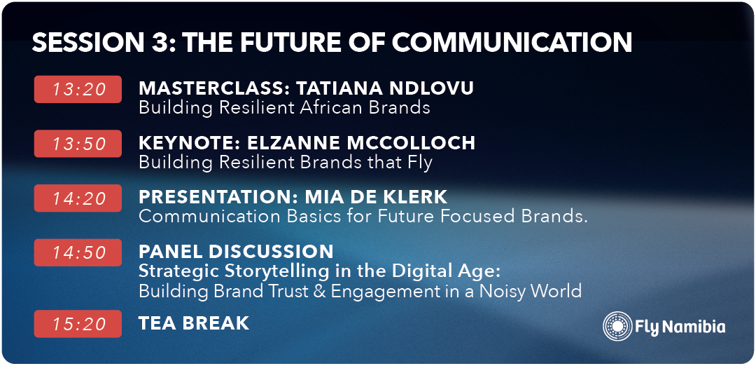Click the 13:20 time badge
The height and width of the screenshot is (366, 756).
[x=78, y=89]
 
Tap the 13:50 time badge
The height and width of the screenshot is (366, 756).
[x=78, y=144]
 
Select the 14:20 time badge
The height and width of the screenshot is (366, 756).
[x=78, y=198]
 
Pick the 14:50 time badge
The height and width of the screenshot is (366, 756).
[x=78, y=252]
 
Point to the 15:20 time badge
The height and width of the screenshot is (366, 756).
[x=78, y=324]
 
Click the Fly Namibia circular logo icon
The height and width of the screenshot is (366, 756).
[x=617, y=327]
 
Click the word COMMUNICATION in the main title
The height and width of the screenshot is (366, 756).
[x=512, y=43]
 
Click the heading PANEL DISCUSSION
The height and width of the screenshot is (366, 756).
[x=237, y=251]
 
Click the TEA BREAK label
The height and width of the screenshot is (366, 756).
[x=194, y=323]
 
